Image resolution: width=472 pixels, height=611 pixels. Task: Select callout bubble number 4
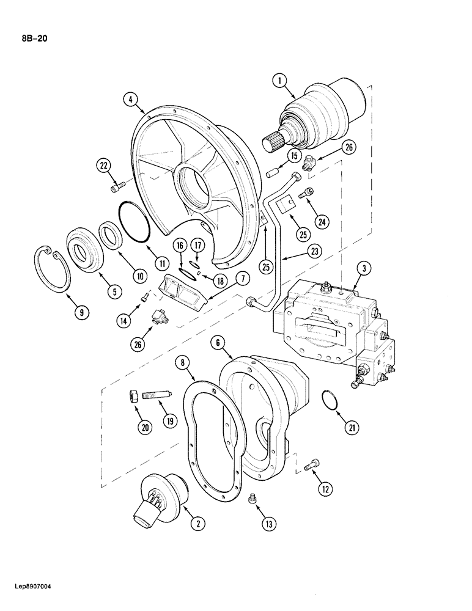(x=130, y=98)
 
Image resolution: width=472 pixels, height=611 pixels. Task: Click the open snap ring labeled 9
(x=52, y=268)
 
